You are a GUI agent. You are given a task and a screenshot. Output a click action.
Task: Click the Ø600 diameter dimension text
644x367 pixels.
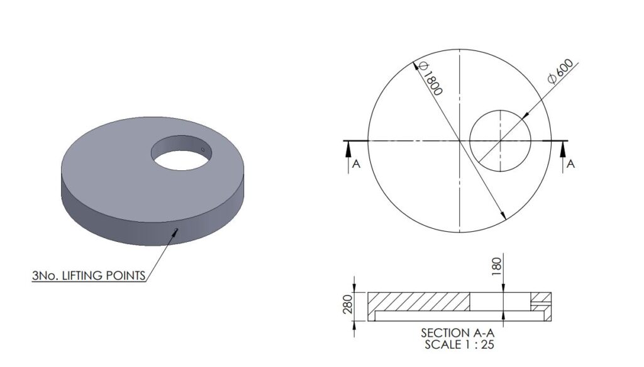click(x=561, y=72)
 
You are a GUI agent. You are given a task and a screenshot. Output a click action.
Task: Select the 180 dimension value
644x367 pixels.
click(x=497, y=266)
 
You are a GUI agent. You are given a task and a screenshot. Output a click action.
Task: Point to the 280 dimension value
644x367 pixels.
click(x=348, y=304)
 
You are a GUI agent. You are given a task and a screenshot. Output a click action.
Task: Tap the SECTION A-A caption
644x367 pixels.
click(x=458, y=332)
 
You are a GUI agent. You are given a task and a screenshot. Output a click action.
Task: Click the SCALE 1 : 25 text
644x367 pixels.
click(x=459, y=344)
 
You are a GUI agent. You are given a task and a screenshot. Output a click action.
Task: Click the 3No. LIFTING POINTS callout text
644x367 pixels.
click(x=89, y=275)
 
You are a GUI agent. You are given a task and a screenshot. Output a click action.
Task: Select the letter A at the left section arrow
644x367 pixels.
click(x=356, y=164)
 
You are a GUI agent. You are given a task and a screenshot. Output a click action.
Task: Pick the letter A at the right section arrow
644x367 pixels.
click(x=570, y=164)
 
